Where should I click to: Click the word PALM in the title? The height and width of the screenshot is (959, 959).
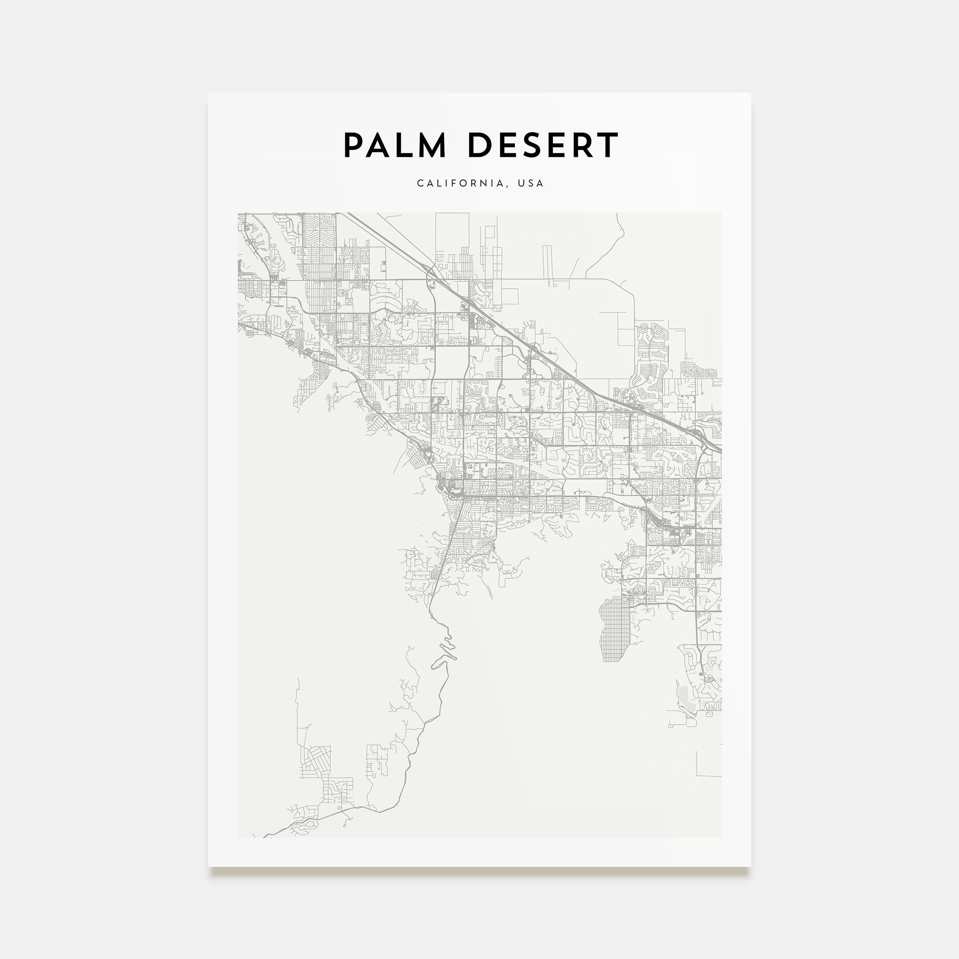click(395, 145)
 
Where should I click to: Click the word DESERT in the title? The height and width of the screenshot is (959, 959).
click(543, 145)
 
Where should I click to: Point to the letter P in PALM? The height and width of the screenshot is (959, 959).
click(354, 145)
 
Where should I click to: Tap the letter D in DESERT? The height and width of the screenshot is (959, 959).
click(479, 145)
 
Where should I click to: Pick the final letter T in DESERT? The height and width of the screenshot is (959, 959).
click(608, 145)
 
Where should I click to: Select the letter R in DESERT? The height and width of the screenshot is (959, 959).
click(583, 145)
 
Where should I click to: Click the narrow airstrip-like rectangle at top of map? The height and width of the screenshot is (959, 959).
click(547, 266)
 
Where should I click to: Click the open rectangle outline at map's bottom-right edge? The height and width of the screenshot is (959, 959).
click(709, 764)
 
